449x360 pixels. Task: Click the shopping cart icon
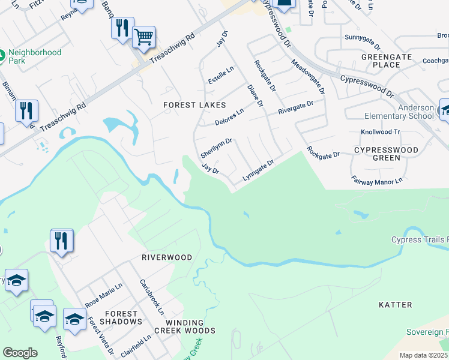click(x=143, y=37)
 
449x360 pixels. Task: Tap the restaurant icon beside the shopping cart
click(x=122, y=28)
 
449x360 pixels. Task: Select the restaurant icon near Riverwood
click(x=61, y=241)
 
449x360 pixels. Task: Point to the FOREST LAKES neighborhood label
click(x=188, y=105)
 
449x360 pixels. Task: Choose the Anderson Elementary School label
click(x=399, y=112)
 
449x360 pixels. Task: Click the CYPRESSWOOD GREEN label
click(x=385, y=154)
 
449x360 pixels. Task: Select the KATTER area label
click(x=396, y=305)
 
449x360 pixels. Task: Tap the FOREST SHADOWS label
click(x=121, y=317)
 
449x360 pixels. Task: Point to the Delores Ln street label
click(x=229, y=118)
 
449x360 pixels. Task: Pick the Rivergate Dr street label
click(x=295, y=108)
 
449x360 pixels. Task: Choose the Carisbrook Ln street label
click(x=151, y=297)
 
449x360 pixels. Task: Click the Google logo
click(x=20, y=353)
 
